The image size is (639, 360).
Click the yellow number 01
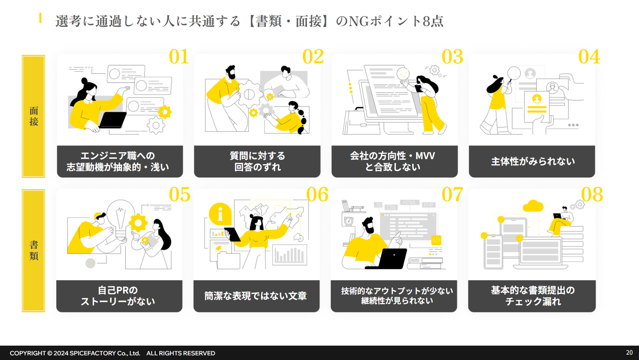[179, 57]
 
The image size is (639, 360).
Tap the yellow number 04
[589, 57]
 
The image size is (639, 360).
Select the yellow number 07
[452, 194]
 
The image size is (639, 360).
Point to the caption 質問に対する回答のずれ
[257, 162]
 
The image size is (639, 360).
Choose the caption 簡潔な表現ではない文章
[256, 296]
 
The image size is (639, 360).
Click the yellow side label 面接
[34, 116]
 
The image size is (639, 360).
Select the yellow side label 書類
[34, 251]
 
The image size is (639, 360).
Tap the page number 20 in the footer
[629, 352]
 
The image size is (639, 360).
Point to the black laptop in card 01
[113, 120]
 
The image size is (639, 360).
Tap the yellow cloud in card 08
[533, 206]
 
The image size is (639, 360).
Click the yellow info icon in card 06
[221, 214]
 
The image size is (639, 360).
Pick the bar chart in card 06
[290, 255]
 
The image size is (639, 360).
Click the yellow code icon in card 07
[436, 240]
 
